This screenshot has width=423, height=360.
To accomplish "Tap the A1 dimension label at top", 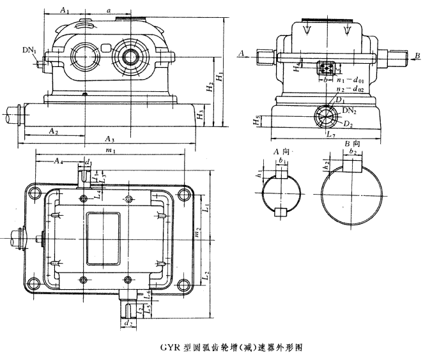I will [65, 10].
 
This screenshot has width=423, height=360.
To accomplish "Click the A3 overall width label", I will [109, 139].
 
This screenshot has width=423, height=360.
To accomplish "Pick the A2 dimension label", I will [56, 130].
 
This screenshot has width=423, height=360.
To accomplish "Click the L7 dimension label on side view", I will [330, 136].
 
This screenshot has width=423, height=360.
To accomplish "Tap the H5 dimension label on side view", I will [255, 119].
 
